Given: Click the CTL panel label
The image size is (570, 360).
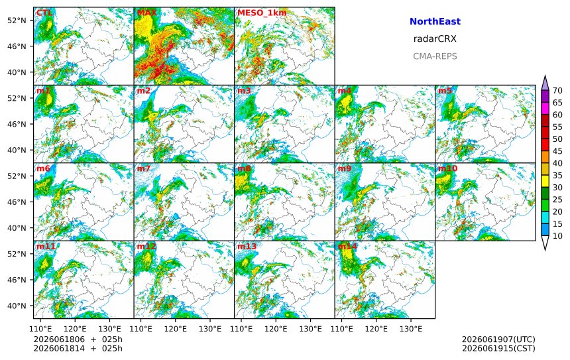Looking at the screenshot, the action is click(x=44, y=13).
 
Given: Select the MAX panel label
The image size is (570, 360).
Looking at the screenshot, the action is click(x=147, y=13).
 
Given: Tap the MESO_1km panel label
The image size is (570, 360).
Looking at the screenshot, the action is click(x=262, y=13).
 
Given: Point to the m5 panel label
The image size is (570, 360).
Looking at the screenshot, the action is click(x=445, y=91).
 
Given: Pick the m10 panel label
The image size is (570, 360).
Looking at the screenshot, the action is click(x=447, y=168).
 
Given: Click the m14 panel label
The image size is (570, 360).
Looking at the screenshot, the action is click(x=347, y=246).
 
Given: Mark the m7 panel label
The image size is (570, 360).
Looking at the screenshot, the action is click(x=144, y=168).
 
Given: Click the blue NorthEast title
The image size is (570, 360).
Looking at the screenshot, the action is click(x=435, y=21).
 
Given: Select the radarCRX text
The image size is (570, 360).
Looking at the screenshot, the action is click(x=435, y=39).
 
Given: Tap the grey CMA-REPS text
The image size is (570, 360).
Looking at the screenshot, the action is click(x=435, y=56).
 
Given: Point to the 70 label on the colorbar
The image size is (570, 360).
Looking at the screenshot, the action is click(x=557, y=91).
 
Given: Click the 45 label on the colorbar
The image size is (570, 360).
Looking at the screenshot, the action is click(x=557, y=151).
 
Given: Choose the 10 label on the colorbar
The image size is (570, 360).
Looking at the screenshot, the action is click(x=557, y=236).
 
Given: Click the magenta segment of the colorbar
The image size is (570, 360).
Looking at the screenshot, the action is click(x=545, y=108).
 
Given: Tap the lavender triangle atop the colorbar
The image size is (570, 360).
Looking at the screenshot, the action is click(x=545, y=84).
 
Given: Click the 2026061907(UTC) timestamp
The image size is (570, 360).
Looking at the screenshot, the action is click(x=498, y=339).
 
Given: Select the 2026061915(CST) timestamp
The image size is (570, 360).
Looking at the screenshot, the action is click(x=498, y=348).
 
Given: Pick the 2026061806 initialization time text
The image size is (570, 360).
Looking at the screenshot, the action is click(x=59, y=339).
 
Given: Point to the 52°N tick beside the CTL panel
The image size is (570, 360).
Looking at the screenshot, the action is click(x=17, y=21).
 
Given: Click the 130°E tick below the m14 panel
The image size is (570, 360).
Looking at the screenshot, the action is click(x=411, y=329).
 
